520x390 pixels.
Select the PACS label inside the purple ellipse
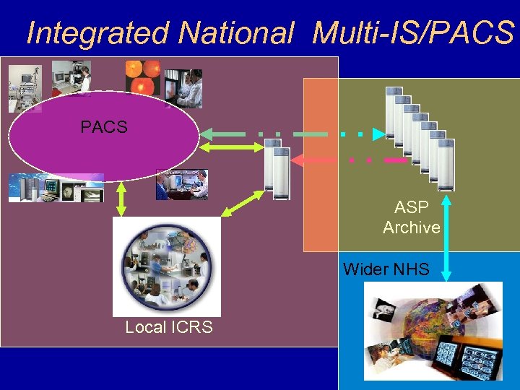click(104, 128)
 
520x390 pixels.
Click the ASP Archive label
click(412, 217)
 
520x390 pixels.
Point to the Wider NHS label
click(386, 270)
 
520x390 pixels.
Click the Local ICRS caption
click(169, 327)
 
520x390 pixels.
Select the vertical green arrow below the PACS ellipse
click(121, 197)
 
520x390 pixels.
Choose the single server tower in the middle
click(277, 169)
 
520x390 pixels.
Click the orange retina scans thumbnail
click(142, 77)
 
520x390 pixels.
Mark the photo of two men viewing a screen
click(183, 184)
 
